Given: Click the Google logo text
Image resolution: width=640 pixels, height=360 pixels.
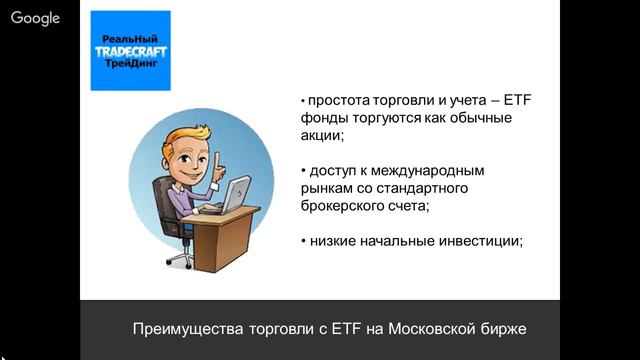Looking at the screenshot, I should click(36, 18).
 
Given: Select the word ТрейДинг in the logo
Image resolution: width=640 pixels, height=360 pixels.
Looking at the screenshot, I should click(130, 63).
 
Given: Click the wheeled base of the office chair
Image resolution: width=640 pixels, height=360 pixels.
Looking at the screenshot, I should click(178, 259).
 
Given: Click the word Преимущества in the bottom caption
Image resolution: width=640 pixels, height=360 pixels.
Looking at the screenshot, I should click(182, 329).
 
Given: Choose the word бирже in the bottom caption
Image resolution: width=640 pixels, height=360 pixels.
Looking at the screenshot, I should click(499, 329).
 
